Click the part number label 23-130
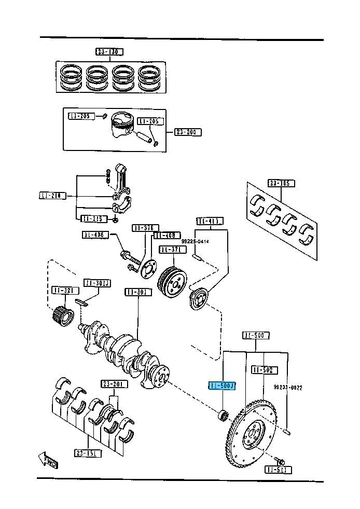click(x=109, y=52)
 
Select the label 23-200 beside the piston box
click(x=187, y=132)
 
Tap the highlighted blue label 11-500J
click(x=222, y=386)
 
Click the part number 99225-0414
click(x=195, y=241)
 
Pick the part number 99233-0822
click(x=288, y=388)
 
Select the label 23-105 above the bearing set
click(x=281, y=183)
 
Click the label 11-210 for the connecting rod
click(x=52, y=196)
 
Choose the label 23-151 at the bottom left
click(x=88, y=453)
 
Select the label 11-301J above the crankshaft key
click(x=97, y=283)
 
